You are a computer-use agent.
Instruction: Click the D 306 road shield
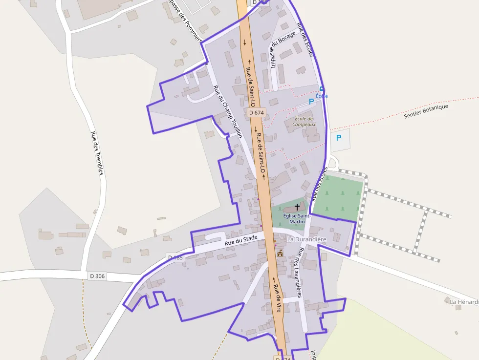[97, 276]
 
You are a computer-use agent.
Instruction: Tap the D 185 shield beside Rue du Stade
[175, 257]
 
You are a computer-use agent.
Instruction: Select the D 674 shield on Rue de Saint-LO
[256, 112]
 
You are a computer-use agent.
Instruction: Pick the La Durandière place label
[306, 239]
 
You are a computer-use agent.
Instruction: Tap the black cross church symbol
[297, 207]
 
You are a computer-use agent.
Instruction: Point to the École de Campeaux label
[304, 121]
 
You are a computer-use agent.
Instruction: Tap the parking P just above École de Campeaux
[311, 102]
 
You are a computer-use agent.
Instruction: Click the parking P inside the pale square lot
[339, 138]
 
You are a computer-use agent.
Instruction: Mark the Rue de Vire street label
[278, 298]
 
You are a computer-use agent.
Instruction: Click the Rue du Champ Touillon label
[228, 111]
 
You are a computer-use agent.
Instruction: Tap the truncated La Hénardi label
[464, 302]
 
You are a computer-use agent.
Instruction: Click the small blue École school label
[322, 96]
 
